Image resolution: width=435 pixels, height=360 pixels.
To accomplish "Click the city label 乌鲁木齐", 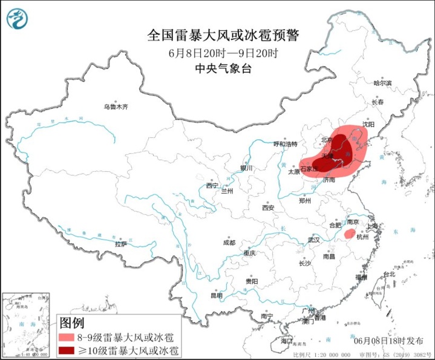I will click(x=116, y=106).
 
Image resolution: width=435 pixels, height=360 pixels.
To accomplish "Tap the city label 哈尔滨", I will click(x=382, y=82).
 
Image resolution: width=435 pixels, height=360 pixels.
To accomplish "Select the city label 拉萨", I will click(x=121, y=244).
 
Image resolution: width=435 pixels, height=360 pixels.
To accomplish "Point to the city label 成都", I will click(x=229, y=243).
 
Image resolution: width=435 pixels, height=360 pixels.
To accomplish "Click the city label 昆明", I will click(x=217, y=295).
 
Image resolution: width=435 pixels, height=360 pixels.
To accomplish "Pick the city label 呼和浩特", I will click(x=286, y=144).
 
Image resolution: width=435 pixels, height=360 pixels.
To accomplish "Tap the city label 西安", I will click(x=268, y=208).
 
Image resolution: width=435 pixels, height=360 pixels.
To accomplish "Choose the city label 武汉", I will click(x=313, y=240).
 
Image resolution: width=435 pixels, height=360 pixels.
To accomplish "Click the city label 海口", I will click(x=286, y=342).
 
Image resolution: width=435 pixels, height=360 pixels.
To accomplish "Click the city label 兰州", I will click(x=227, y=191).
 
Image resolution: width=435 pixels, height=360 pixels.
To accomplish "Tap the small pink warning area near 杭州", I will click(x=349, y=234).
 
